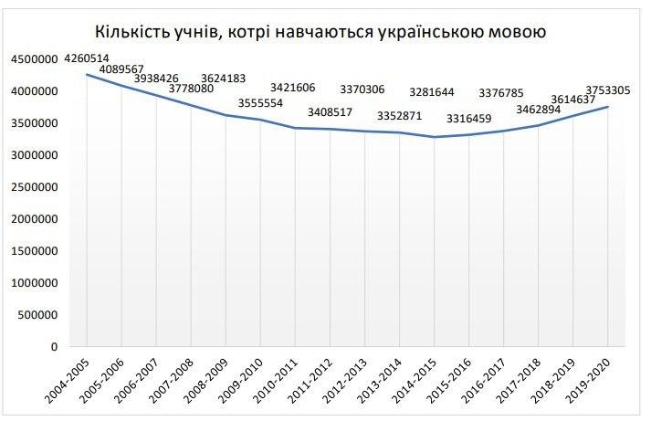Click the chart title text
[x=325, y=33]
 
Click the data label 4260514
[x=87, y=58]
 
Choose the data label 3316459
[x=473, y=118]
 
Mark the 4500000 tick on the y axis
[x=35, y=59]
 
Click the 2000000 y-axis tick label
[x=35, y=219]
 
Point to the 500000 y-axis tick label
[x=38, y=315]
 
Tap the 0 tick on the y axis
[x=56, y=347]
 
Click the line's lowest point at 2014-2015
[x=436, y=137]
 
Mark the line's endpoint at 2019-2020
[x=609, y=107]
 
